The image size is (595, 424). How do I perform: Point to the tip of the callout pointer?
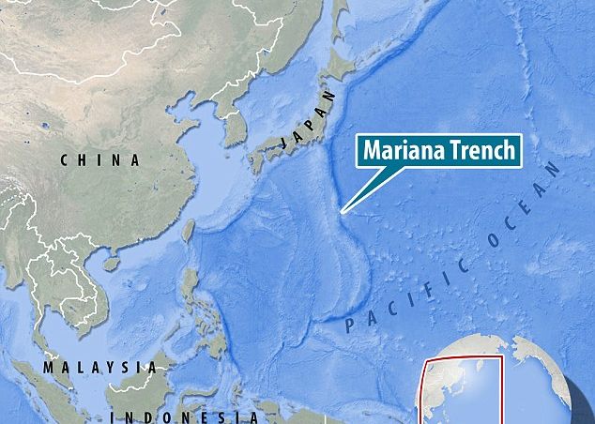point(342,213)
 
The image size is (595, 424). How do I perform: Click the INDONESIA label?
point(183,416)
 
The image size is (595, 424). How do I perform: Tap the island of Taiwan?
point(188,229)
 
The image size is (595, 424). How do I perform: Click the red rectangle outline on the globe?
point(465,359)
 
